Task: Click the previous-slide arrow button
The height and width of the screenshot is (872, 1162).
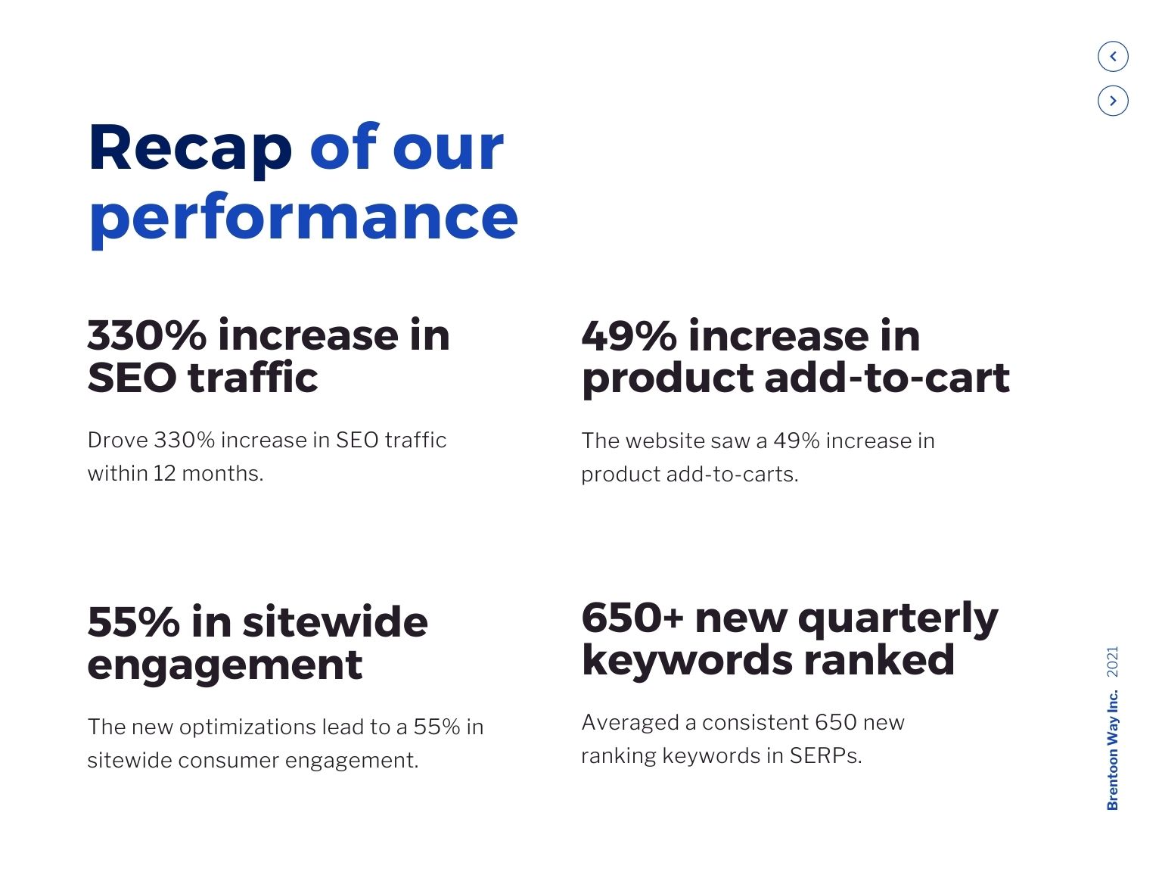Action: (x=1112, y=56)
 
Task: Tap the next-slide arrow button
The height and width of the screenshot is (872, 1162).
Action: (x=1112, y=101)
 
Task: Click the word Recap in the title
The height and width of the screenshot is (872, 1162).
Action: (x=190, y=148)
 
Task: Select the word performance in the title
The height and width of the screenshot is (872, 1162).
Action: (x=303, y=218)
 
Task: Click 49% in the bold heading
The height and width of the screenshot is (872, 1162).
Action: (x=629, y=336)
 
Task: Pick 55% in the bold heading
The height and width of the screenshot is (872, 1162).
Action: (x=133, y=622)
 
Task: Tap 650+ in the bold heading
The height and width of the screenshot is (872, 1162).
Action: (x=632, y=618)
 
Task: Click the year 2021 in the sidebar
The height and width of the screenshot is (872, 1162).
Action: (x=1112, y=662)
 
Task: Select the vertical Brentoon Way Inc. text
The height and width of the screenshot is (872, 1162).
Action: (x=1112, y=749)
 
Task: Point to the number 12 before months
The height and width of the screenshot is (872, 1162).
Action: (x=164, y=473)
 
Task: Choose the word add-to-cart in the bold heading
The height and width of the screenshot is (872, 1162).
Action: (x=887, y=378)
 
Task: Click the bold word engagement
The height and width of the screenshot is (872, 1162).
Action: (x=225, y=665)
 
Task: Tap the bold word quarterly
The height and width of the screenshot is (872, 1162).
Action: (x=898, y=619)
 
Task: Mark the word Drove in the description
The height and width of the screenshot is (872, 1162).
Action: (x=118, y=440)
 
